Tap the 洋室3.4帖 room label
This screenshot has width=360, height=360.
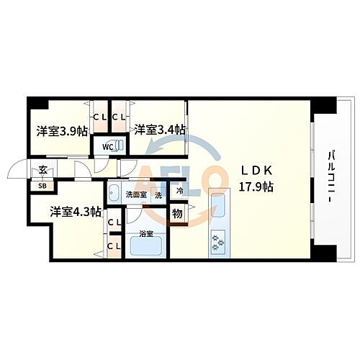pyautogui.click(x=159, y=130)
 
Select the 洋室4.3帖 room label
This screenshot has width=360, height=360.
pyautogui.click(x=75, y=212)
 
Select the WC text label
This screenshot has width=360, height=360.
pyautogui.click(x=107, y=147)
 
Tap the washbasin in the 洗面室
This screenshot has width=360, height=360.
pyautogui.click(x=115, y=193)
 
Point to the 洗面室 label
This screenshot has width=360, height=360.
pyautogui.click(x=135, y=194)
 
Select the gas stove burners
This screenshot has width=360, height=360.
pyautogui.click(x=217, y=243)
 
